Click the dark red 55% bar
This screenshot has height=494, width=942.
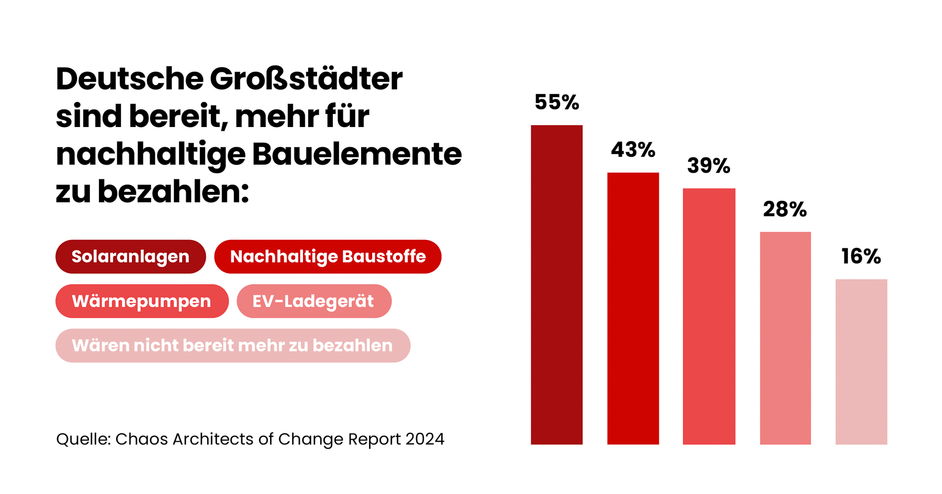click(556, 285)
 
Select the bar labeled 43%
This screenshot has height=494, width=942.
click(633, 308)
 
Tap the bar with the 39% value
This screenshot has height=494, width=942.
click(709, 316)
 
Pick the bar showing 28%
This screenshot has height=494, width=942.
click(785, 338)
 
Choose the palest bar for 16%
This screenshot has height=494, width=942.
click(861, 362)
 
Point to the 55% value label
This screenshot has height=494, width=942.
click(556, 102)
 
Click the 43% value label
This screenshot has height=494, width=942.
click(633, 150)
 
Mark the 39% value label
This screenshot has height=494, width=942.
click(709, 166)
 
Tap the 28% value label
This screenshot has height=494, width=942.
click(784, 210)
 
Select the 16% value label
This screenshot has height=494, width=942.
click(861, 257)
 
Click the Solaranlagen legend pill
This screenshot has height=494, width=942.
click(130, 257)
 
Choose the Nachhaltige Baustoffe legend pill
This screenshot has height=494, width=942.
click(328, 257)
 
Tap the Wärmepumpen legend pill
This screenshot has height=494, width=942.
click(142, 301)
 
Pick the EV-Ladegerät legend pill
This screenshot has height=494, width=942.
click(313, 301)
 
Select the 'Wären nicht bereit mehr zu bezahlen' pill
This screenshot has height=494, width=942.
click(232, 346)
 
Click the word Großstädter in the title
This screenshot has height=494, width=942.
click(306, 79)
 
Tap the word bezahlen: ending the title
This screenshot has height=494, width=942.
click(173, 192)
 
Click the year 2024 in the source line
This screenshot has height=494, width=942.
click(424, 439)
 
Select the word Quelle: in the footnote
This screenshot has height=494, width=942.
click(83, 439)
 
